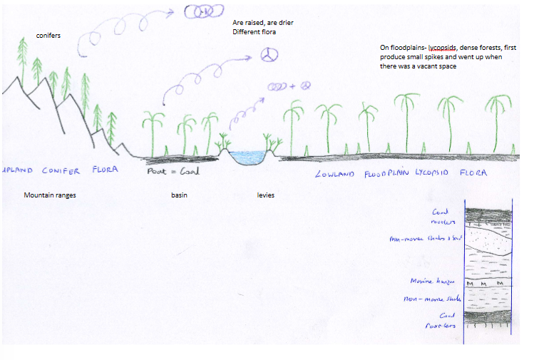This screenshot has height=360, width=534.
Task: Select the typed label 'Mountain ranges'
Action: point(50,195)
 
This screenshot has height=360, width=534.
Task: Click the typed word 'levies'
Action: point(266,195)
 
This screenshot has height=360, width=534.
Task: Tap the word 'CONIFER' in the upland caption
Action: point(64,170)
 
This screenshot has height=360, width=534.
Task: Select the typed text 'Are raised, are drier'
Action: point(263,23)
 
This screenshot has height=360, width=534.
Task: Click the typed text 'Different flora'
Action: point(253,32)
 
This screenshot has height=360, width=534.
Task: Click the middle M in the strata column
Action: point(486,284)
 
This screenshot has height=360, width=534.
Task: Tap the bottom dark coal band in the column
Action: point(488,320)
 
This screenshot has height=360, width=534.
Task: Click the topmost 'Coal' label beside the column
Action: point(440,212)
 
